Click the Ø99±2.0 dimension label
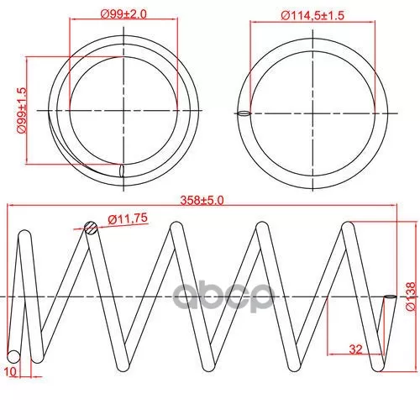click(x=123, y=14)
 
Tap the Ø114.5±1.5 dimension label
click(x=312, y=15)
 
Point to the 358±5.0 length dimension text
click(x=202, y=201)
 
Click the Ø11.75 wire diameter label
click(x=128, y=218)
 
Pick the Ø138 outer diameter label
click(x=411, y=297)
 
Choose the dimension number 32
click(x=355, y=349)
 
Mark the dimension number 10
click(x=11, y=372)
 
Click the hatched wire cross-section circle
click(x=91, y=228)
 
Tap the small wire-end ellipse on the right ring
click(x=244, y=113)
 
